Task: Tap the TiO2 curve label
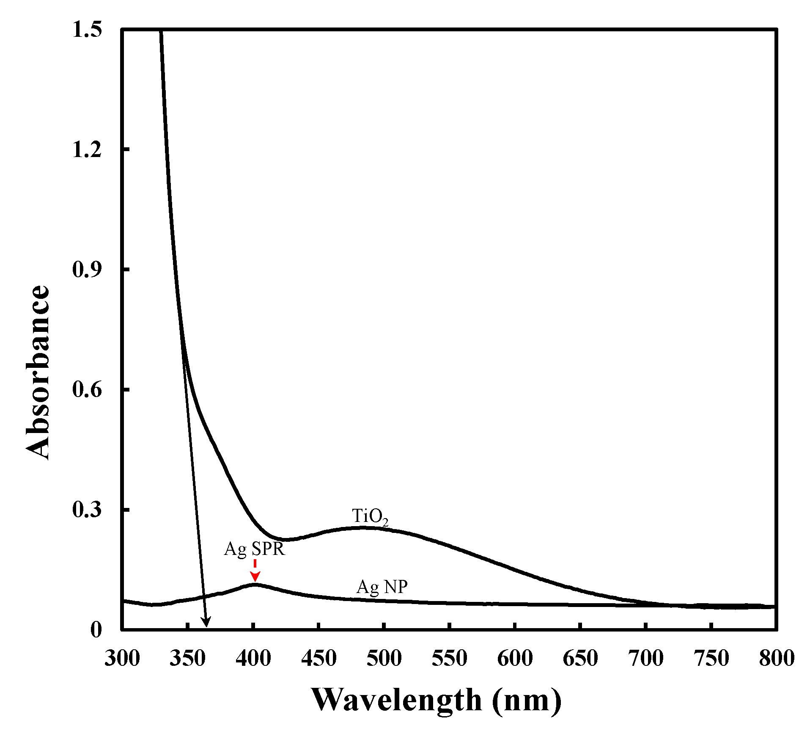(x=370, y=517)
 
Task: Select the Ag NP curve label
(x=382, y=587)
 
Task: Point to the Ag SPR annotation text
(x=255, y=549)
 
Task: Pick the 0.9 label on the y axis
(x=87, y=270)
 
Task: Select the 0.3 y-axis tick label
(x=87, y=510)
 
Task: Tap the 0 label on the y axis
(x=96, y=630)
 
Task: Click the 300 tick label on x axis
(x=122, y=659)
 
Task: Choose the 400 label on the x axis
(x=253, y=659)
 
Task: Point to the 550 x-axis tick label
(x=449, y=659)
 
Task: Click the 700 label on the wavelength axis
(x=646, y=659)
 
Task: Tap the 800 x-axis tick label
(x=777, y=659)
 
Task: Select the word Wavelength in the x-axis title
(x=396, y=700)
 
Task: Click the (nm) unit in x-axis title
(x=527, y=700)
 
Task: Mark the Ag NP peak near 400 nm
(x=255, y=585)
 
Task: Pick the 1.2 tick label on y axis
(x=87, y=150)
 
